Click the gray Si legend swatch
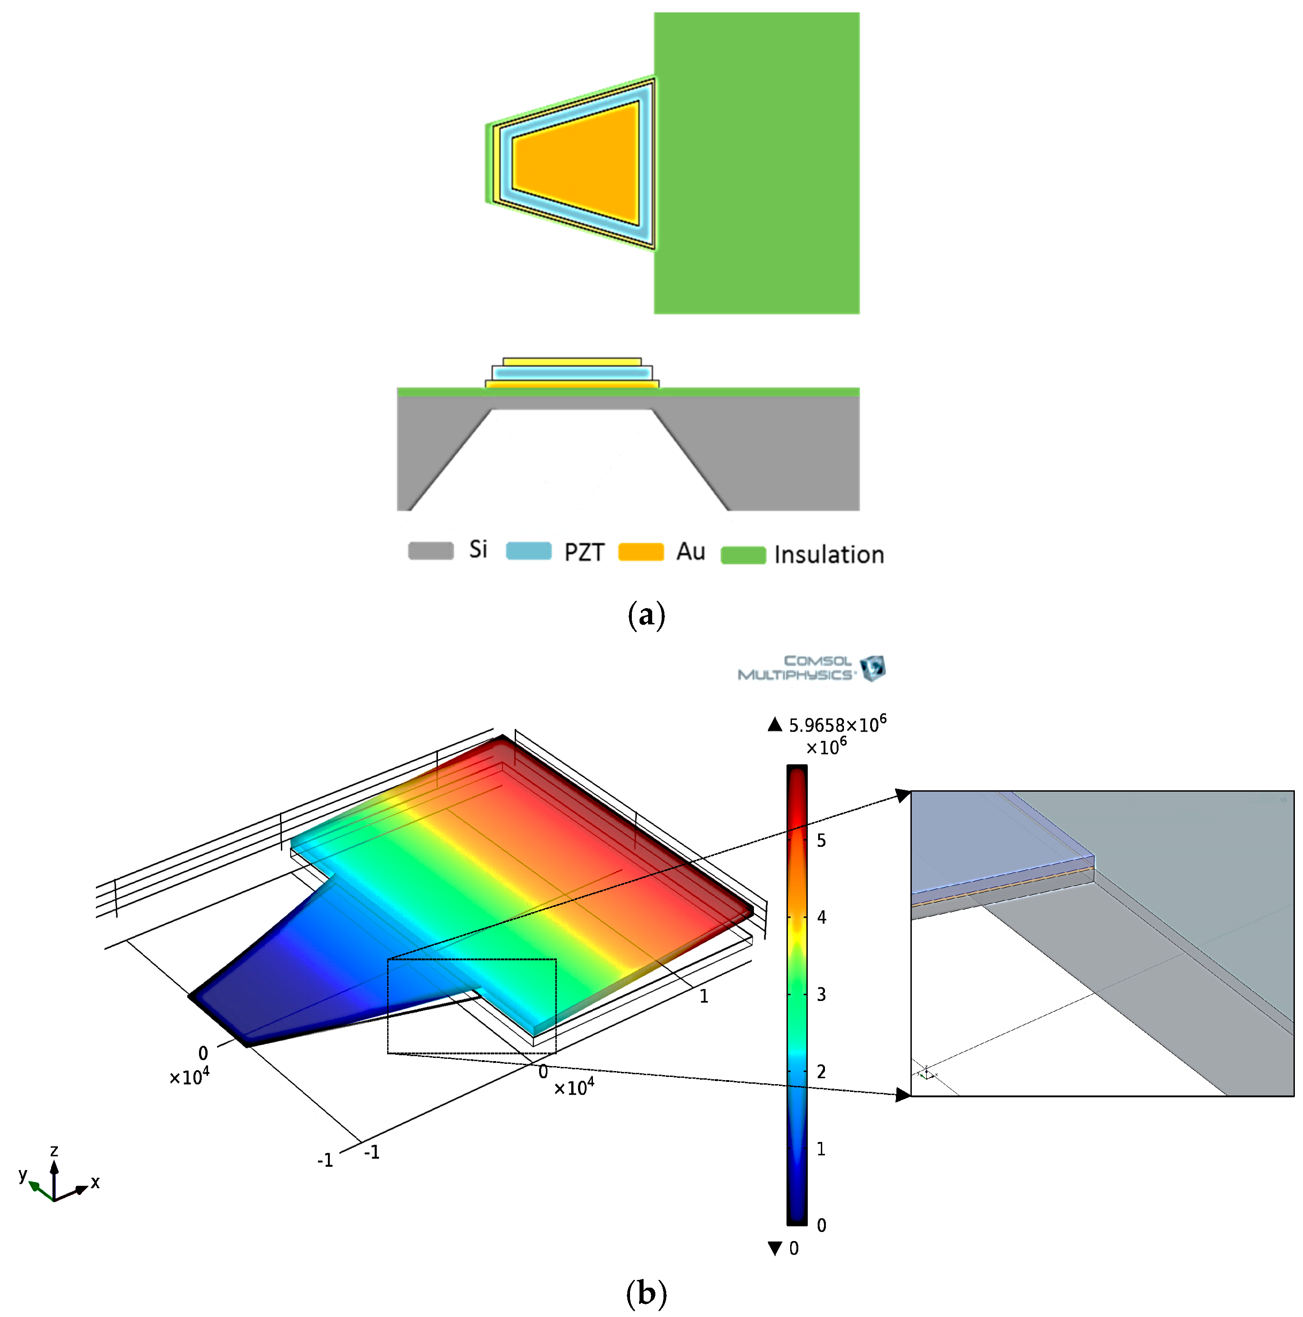[x=430, y=550]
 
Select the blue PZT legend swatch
[x=528, y=550]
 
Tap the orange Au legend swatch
[x=640, y=552]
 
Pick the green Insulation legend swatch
[x=743, y=555]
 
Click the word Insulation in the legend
[x=829, y=554]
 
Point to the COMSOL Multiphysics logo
[x=811, y=668]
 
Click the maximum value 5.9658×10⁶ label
[x=837, y=723]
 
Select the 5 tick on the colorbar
[x=821, y=840]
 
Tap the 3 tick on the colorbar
[x=821, y=995]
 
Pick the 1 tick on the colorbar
[x=821, y=1149]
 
